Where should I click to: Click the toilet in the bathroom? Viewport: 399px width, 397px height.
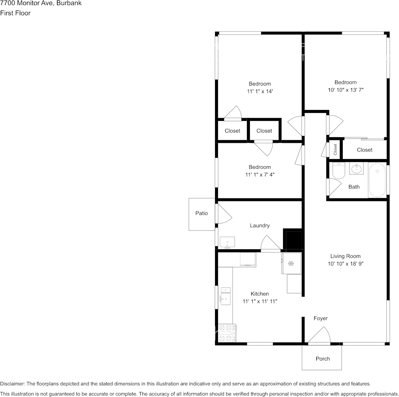339,170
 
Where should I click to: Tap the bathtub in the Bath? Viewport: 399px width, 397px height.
377,180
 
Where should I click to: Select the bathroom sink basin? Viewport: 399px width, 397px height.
357,168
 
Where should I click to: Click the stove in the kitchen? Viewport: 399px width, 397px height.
227,333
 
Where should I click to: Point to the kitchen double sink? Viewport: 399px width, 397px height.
226,296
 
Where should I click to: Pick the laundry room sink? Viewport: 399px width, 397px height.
227,243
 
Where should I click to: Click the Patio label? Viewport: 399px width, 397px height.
202,213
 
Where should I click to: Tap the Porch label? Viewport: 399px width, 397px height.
323,358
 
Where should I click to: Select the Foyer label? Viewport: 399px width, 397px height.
320,318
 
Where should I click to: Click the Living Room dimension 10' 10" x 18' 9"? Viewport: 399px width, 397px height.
346,264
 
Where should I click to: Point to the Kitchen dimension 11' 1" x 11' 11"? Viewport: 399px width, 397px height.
260,301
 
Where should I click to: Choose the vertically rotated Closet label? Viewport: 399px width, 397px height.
335,149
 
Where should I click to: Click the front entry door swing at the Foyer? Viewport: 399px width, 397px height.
319,334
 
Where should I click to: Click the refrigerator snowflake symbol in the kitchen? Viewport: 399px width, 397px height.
291,263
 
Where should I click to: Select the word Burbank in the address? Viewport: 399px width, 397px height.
69,3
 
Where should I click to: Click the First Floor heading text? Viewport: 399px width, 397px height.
15,13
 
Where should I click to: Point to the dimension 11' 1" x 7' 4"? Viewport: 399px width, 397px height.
260,175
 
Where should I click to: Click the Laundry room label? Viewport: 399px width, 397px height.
260,226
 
